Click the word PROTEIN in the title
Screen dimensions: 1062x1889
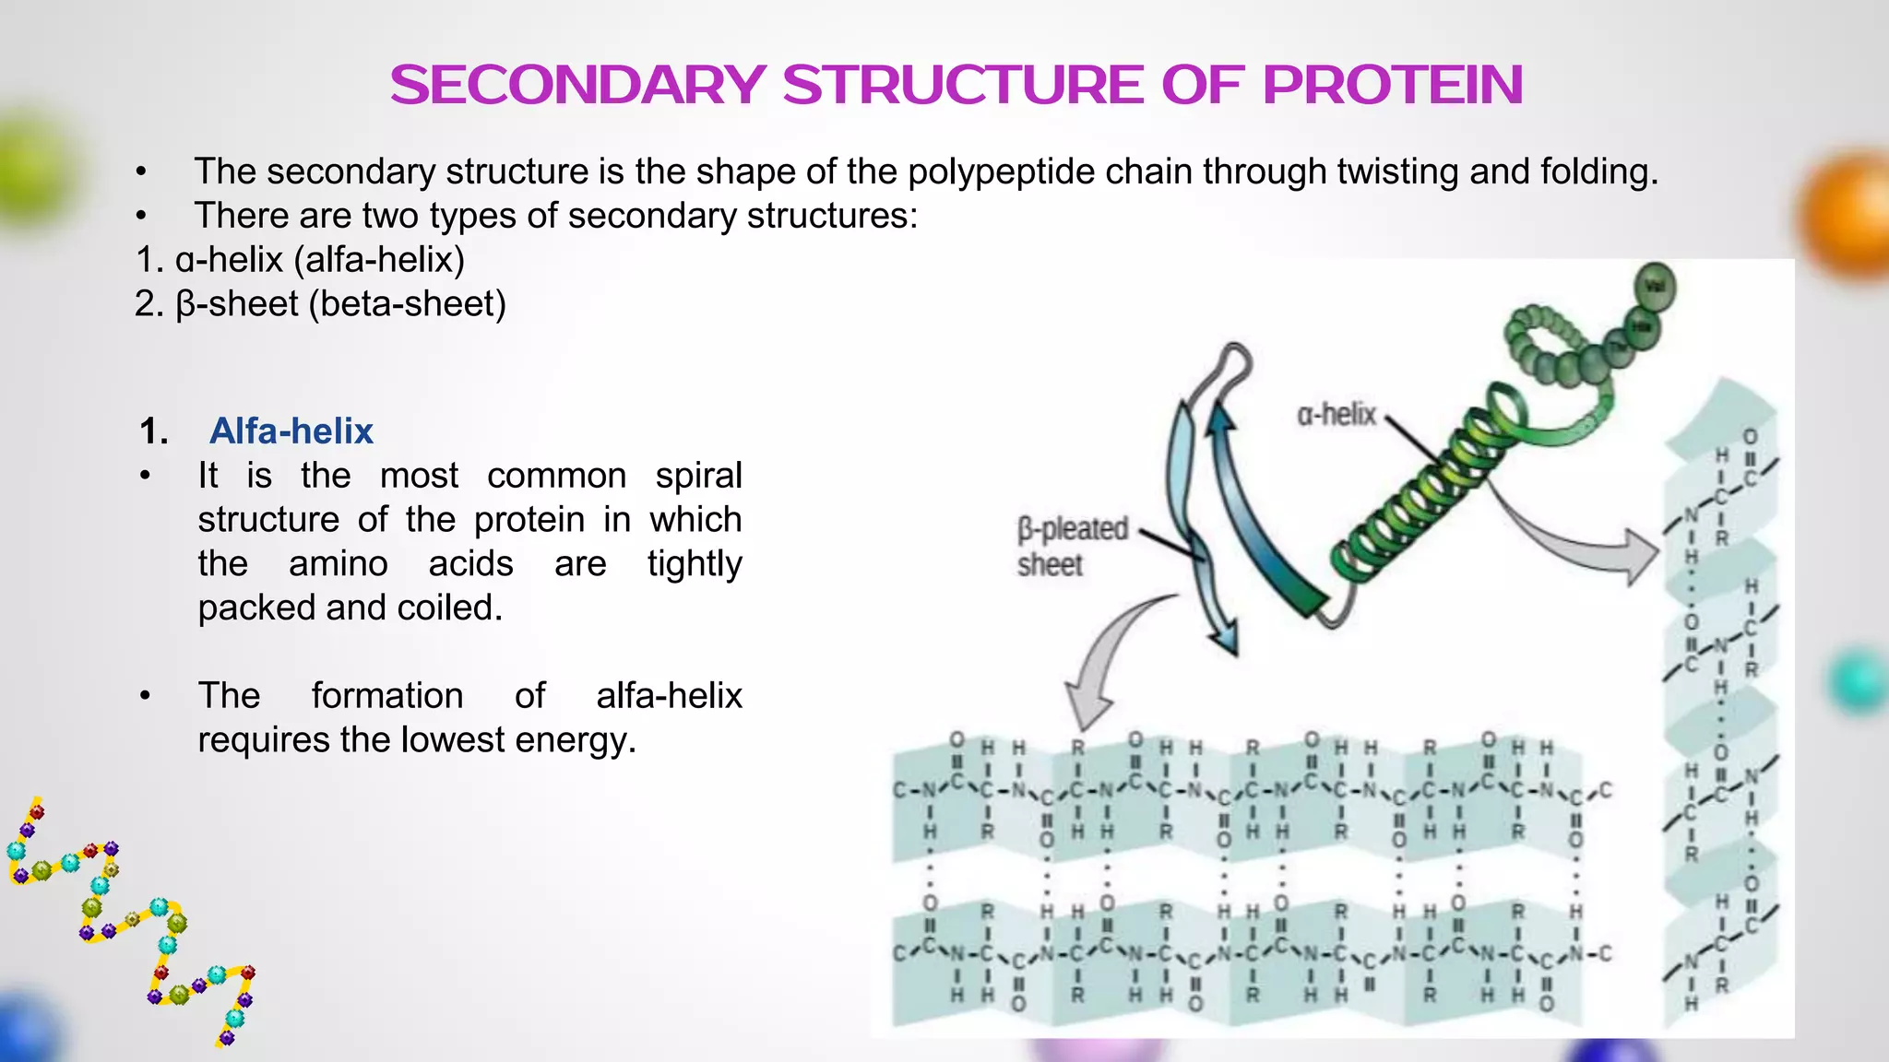[x=1392, y=85]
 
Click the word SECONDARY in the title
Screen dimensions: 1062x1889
[x=576, y=85]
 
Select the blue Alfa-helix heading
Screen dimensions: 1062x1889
[x=291, y=431]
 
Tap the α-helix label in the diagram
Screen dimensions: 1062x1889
[x=1336, y=415]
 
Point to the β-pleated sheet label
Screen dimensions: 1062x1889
[x=1072, y=546]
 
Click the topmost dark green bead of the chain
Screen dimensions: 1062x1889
[x=1655, y=287]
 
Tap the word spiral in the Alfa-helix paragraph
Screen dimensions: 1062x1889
[x=698, y=476]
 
